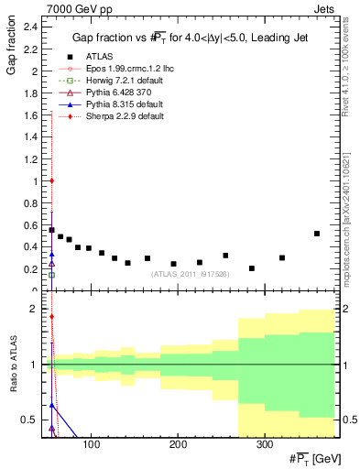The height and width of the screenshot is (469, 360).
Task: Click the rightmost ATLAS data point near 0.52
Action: (317, 234)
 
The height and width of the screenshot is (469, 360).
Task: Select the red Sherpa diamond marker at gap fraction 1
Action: (52, 181)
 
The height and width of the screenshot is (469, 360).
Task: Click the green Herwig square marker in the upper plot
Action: (52, 275)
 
